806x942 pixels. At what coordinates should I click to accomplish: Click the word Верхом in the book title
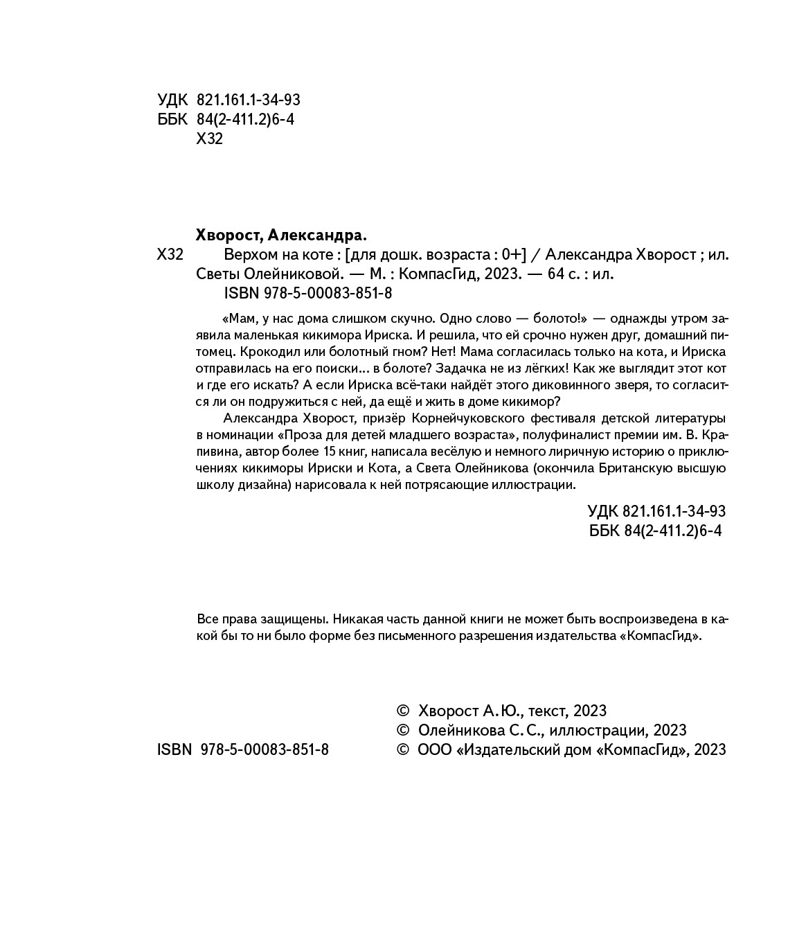(x=249, y=254)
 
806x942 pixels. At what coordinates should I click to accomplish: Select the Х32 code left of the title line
(x=170, y=254)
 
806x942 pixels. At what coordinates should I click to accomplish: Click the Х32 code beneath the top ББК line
(x=210, y=139)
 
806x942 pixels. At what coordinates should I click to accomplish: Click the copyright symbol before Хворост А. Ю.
(x=402, y=711)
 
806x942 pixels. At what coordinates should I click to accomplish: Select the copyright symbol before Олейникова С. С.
(x=402, y=730)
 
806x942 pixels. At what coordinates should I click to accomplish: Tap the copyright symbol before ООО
(x=402, y=749)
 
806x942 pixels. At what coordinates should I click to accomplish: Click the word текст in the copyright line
(x=548, y=711)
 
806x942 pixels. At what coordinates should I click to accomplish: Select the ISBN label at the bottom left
(x=174, y=749)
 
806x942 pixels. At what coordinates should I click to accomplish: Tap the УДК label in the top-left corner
(x=172, y=100)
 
